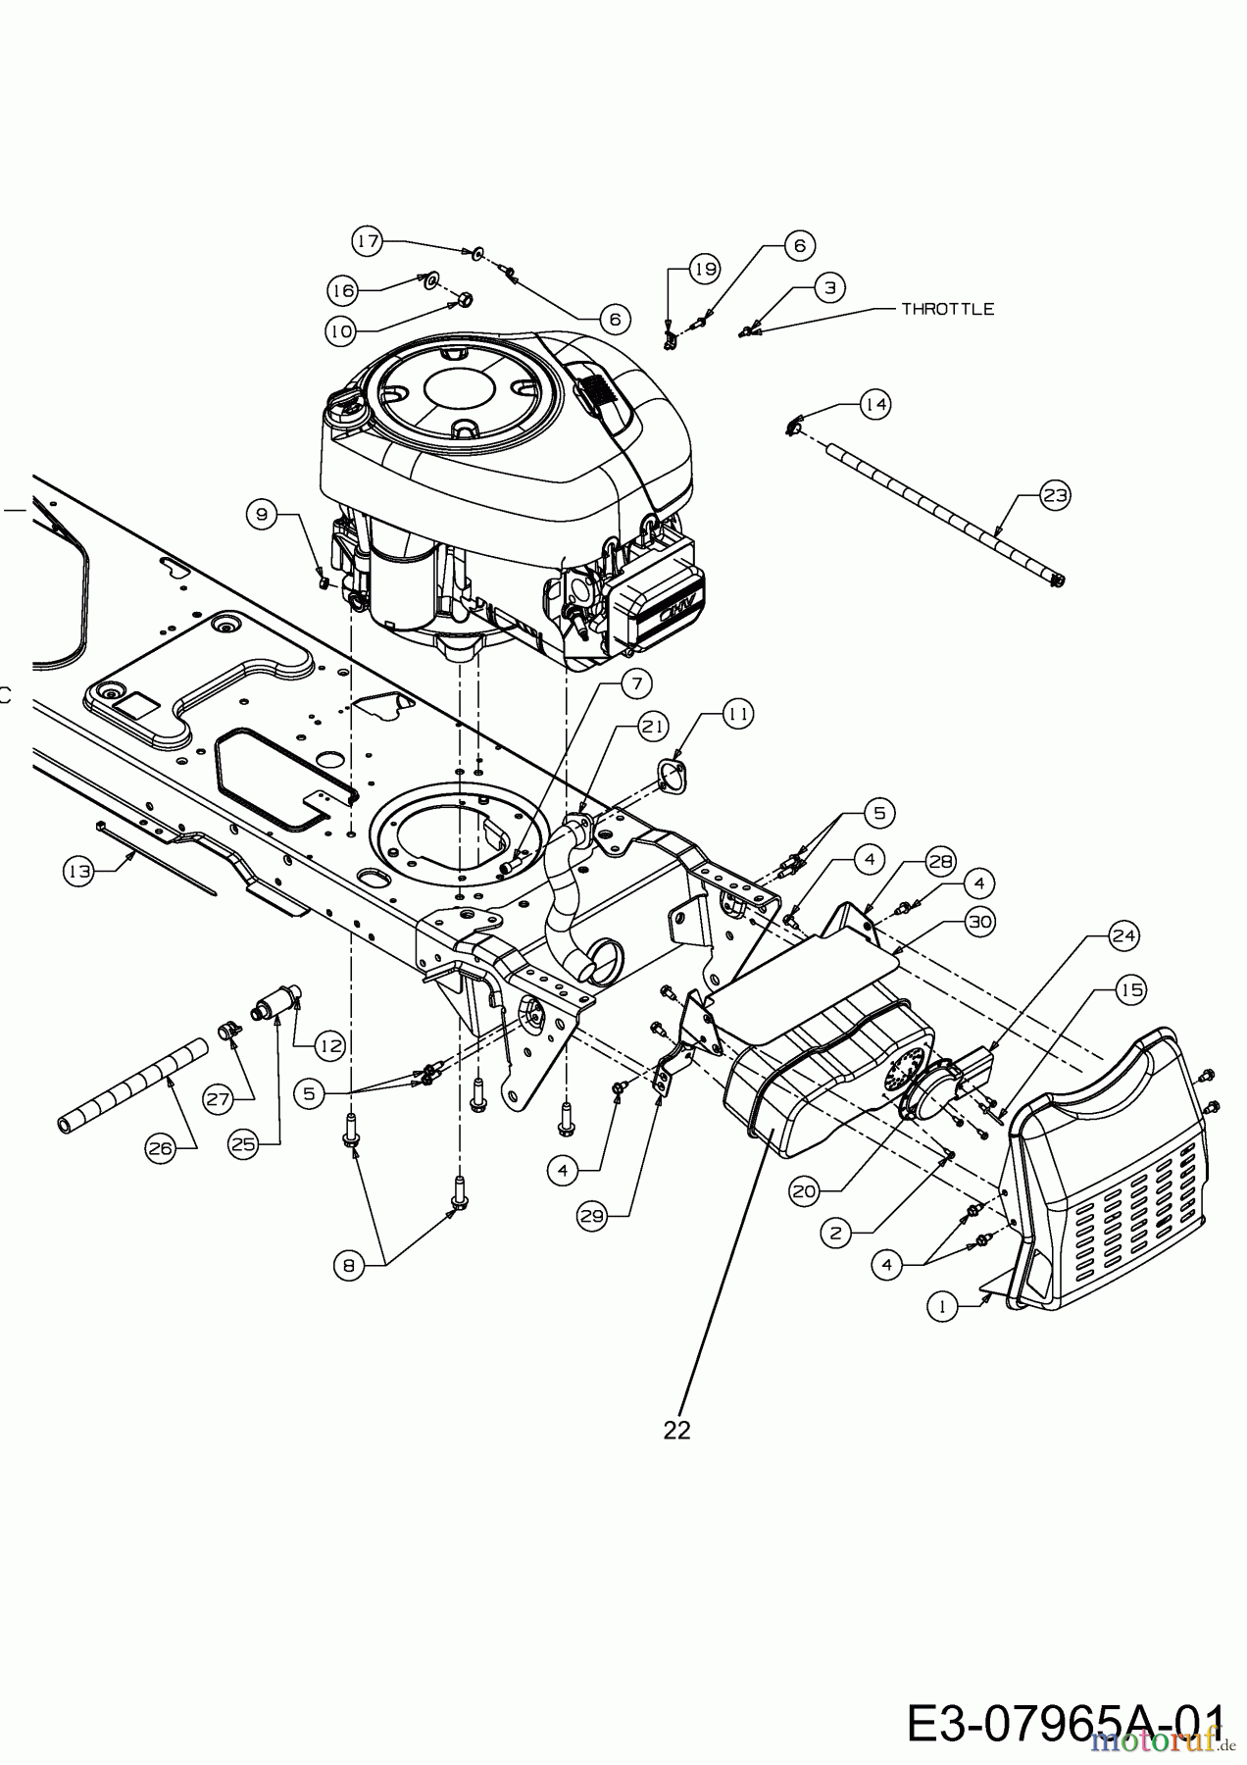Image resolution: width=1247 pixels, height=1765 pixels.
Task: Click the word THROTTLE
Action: tap(947, 309)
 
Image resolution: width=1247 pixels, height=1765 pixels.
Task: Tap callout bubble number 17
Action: tap(367, 241)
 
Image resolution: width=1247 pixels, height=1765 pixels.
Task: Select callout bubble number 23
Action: tap(1055, 496)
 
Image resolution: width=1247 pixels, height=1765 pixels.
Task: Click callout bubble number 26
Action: tap(161, 1149)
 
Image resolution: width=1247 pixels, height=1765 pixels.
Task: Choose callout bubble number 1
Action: tap(943, 1306)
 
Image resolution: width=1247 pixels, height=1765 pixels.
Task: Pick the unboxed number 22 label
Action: tap(676, 1430)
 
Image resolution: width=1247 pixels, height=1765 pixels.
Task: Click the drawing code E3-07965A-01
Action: tap(1066, 1724)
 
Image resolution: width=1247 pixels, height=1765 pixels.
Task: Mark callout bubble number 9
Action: tap(262, 513)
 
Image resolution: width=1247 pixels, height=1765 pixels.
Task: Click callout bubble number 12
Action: tap(331, 1045)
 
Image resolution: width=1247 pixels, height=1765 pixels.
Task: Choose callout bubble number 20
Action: tap(804, 1190)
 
